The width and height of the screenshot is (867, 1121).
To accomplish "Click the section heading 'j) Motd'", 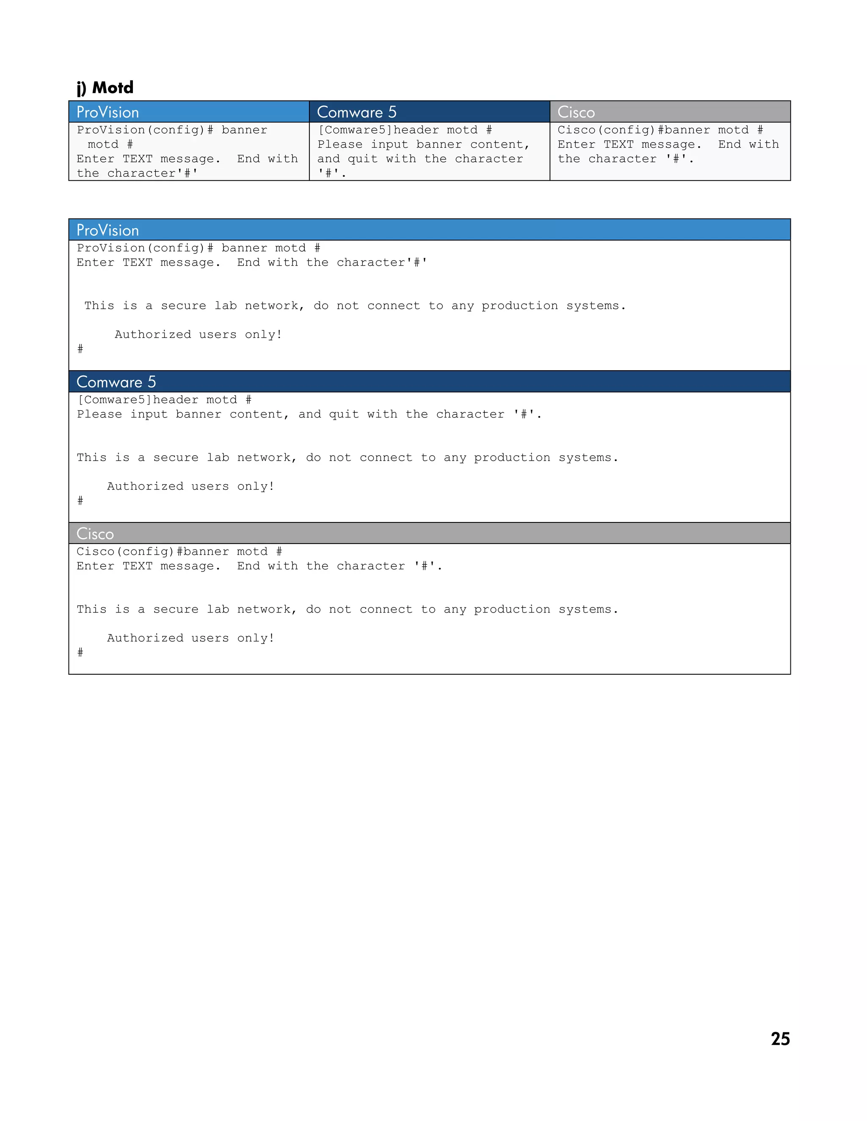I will [x=105, y=88].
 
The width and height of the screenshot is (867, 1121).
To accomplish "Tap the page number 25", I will [x=780, y=1039].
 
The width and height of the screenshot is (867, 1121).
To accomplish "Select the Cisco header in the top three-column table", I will [x=576, y=112].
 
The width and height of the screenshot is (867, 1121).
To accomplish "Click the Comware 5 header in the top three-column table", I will [x=356, y=112].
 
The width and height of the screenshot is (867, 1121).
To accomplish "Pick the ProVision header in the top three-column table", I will [x=108, y=112].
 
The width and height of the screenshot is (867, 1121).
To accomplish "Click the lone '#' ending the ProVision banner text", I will [x=80, y=349].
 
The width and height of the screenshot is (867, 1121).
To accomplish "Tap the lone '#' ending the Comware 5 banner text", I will [x=80, y=500].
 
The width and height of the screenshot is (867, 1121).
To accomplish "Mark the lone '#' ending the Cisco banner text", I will [x=80, y=652].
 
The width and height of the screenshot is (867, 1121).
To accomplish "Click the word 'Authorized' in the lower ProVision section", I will [x=152, y=335].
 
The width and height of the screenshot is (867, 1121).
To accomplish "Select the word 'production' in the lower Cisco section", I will [x=511, y=609].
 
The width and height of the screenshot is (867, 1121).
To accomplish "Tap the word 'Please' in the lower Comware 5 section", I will [x=99, y=414].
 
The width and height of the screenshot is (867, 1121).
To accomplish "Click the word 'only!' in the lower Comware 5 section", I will [x=256, y=486].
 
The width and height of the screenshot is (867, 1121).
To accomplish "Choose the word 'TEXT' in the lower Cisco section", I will [x=138, y=566].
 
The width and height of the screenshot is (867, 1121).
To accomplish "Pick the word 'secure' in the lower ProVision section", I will [x=183, y=306].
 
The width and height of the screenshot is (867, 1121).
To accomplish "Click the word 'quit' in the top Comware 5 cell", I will [x=363, y=159].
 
